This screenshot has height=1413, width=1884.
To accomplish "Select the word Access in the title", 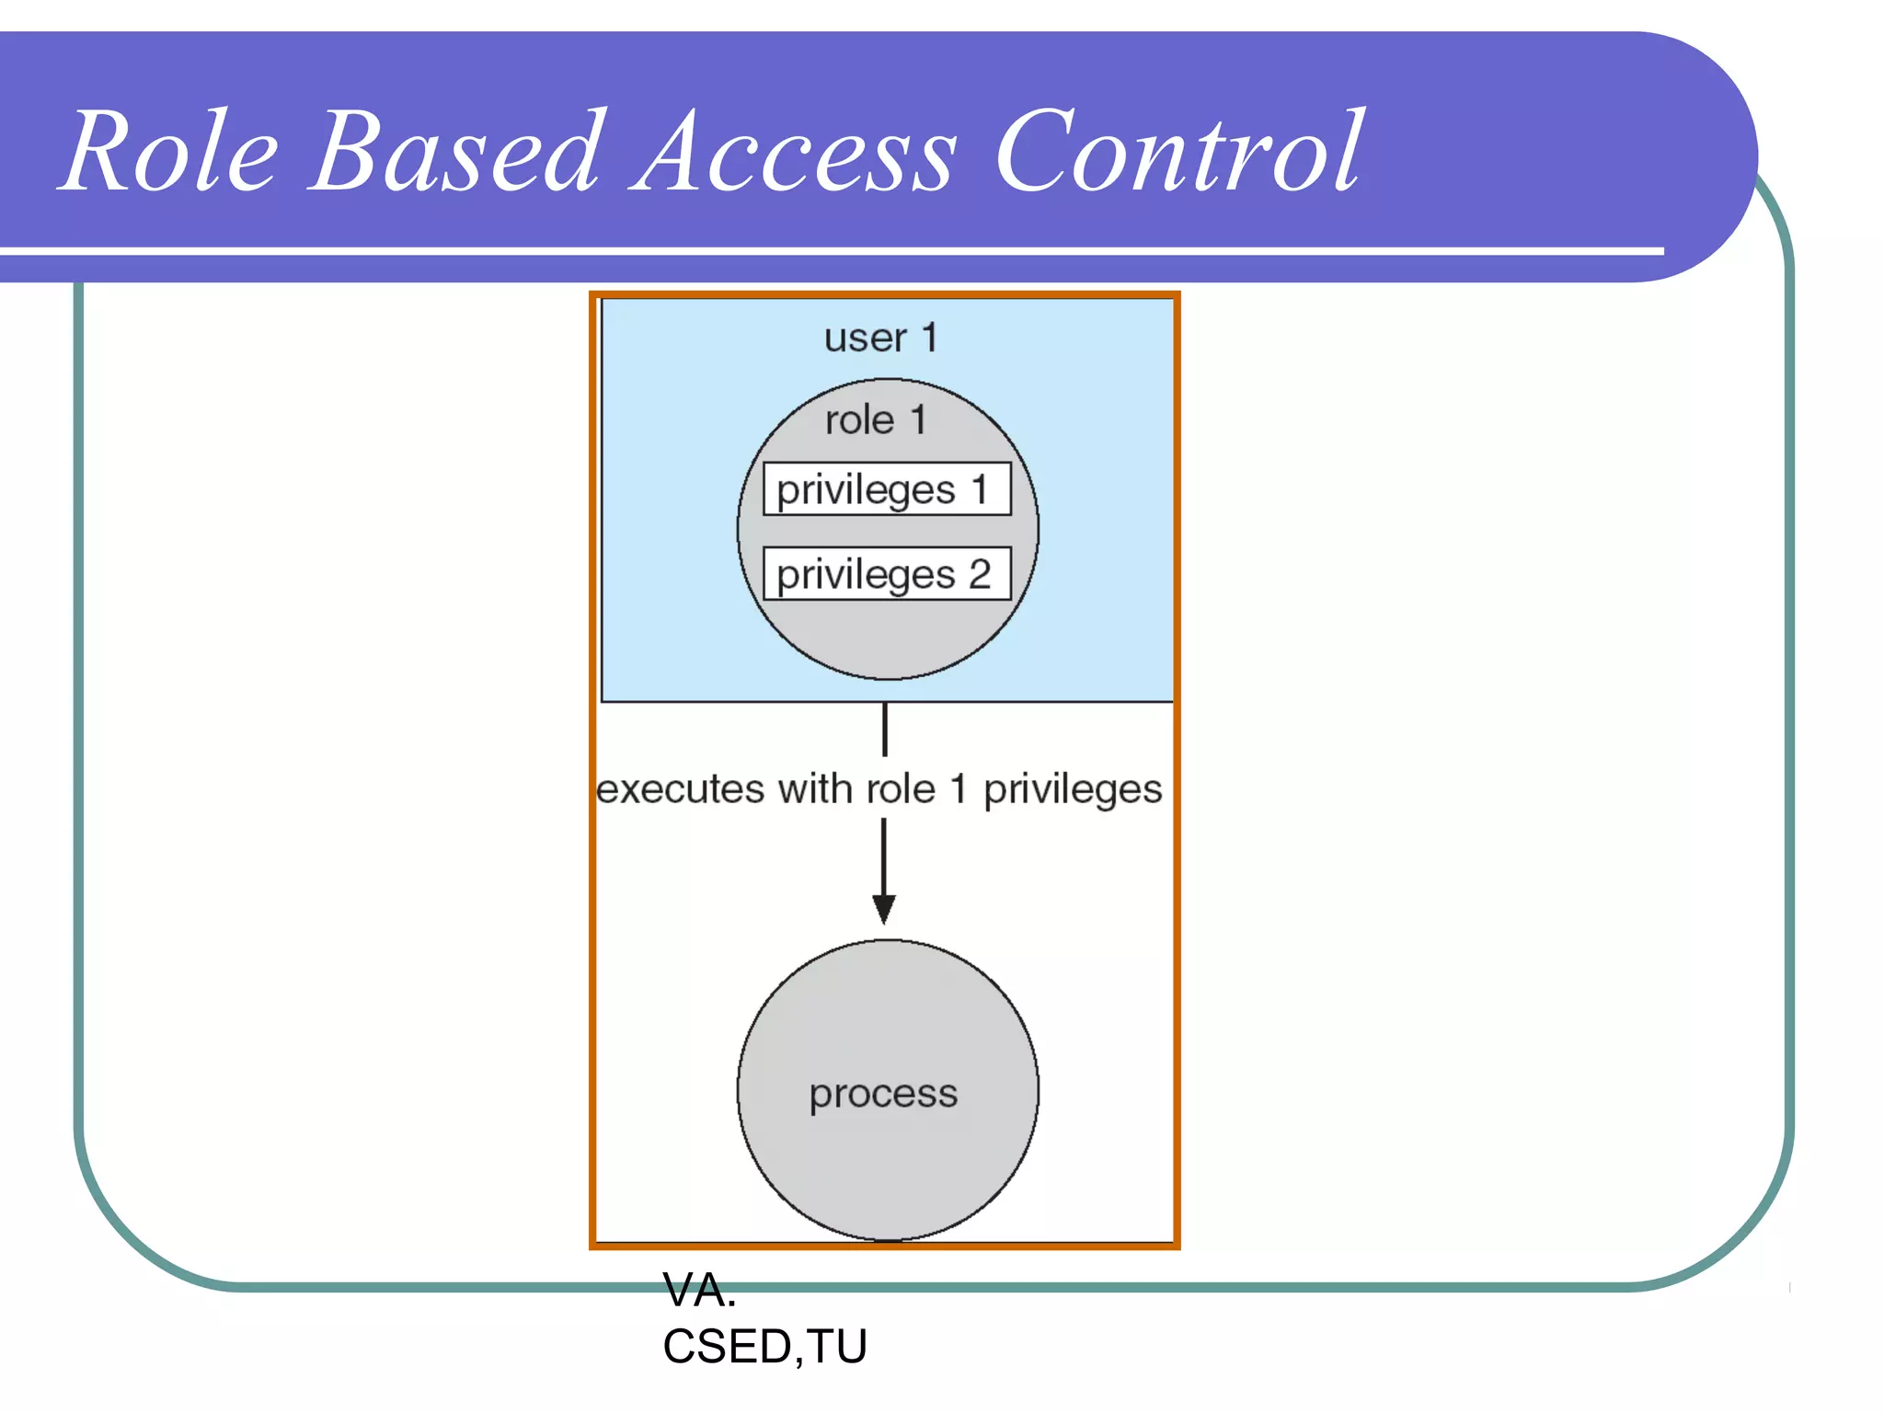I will click(x=793, y=152).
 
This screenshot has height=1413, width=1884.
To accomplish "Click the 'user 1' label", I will click(x=880, y=338).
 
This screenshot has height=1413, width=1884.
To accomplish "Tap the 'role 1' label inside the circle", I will click(x=875, y=420).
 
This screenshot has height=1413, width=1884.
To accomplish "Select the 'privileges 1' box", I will click(x=887, y=489).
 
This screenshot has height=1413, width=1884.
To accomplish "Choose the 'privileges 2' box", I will click(x=887, y=574).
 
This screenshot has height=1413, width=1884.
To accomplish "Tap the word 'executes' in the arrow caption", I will click(x=681, y=789).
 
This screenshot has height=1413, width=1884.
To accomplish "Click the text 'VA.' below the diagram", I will click(x=699, y=1291).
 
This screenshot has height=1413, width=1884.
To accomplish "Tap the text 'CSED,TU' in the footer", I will click(x=764, y=1347).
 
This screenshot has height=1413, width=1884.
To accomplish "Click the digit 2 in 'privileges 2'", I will click(x=980, y=574).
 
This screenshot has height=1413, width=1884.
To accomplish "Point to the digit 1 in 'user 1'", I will click(x=929, y=338).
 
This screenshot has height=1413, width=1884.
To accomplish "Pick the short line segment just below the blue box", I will click(x=885, y=729).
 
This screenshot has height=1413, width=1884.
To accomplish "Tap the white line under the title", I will click(x=828, y=250).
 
